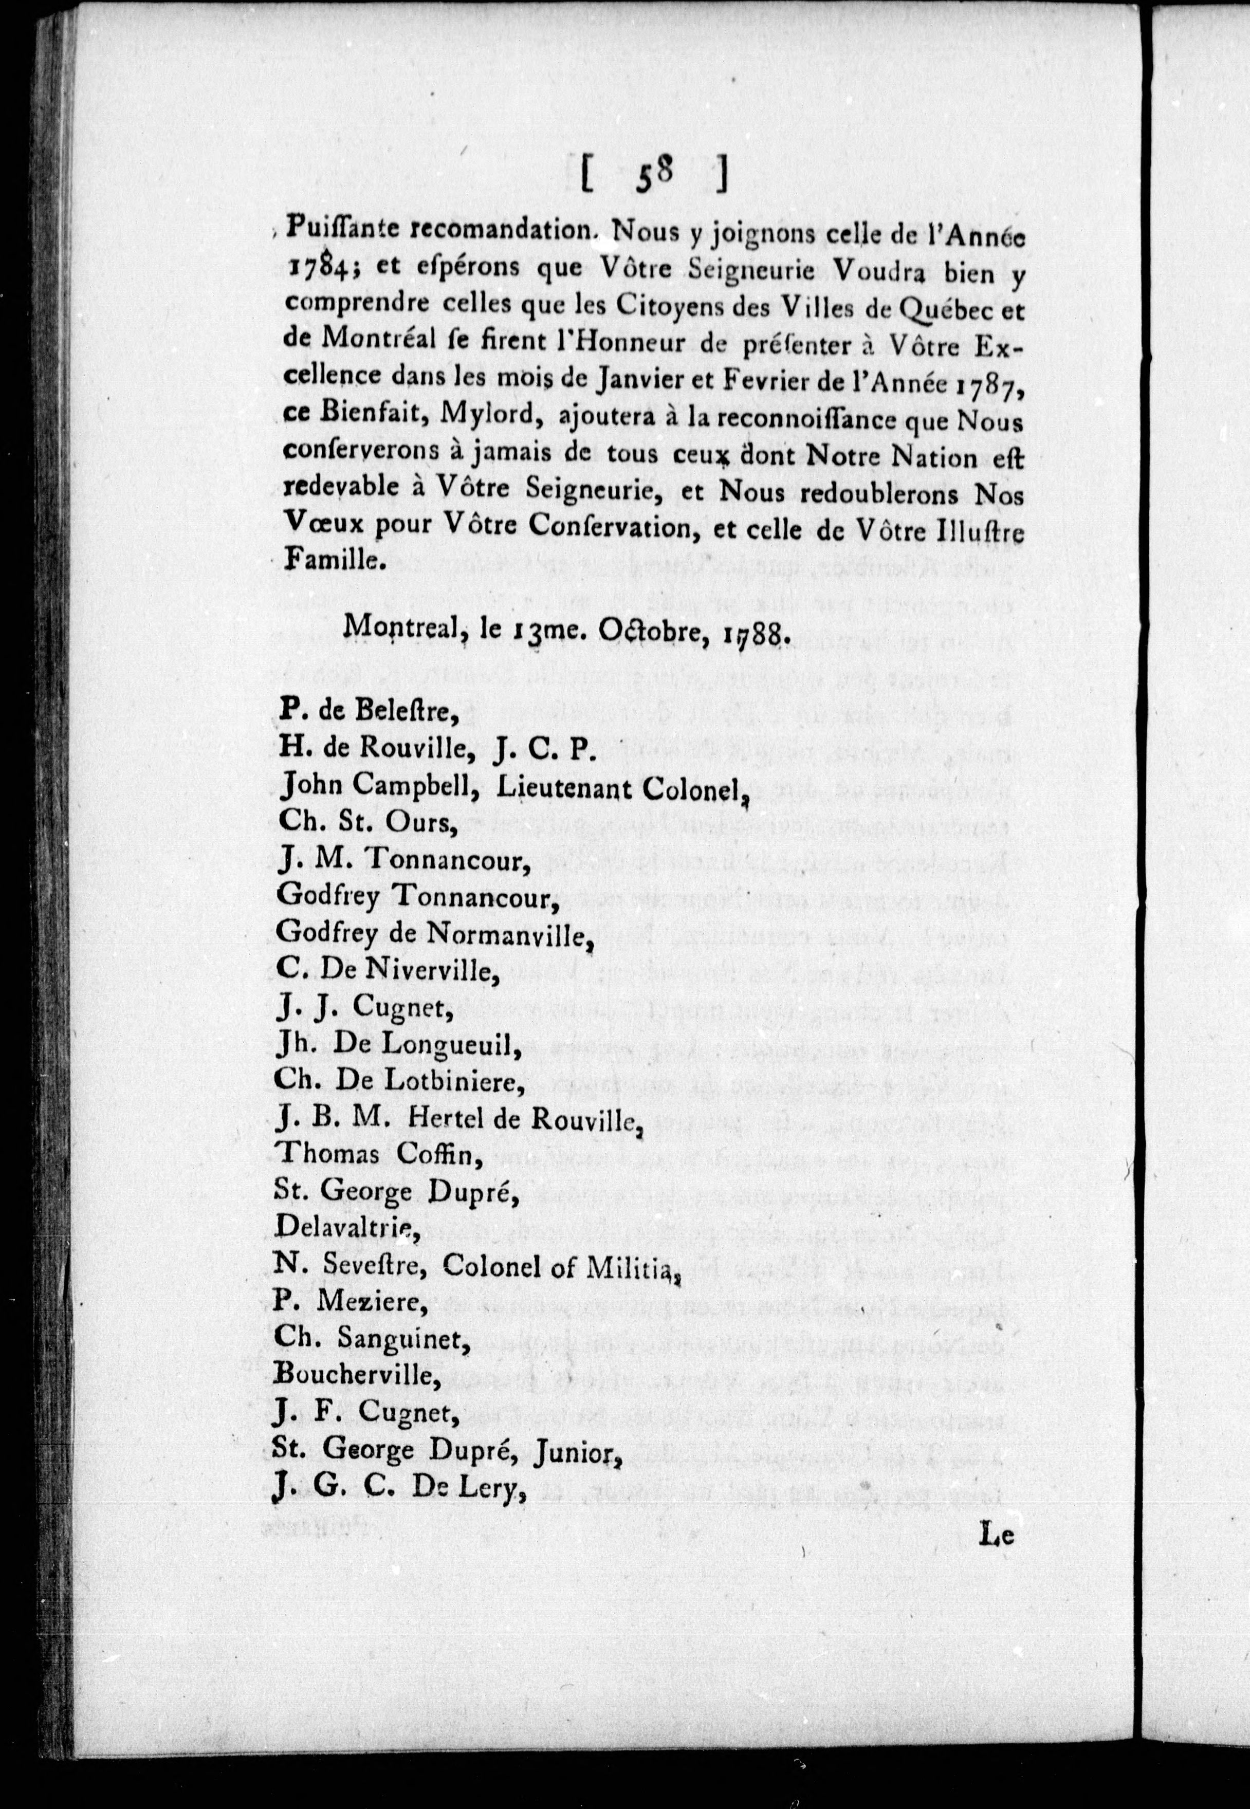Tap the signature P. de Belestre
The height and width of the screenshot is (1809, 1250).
(x=368, y=711)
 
